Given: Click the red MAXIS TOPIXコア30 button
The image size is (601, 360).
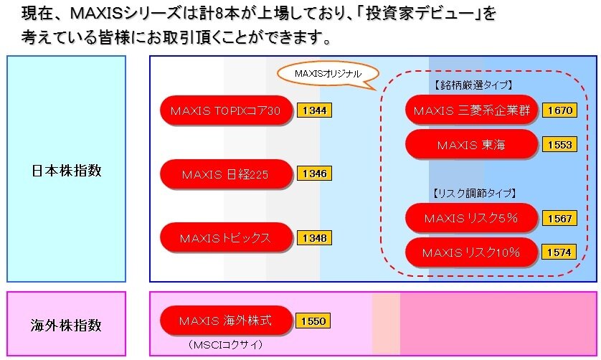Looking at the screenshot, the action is pos(226,110).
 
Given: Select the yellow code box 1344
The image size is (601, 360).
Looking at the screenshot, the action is pos(314,110).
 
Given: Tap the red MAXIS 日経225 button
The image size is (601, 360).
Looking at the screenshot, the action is pos(226,174).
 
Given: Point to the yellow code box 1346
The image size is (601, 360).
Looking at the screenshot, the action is pos(314,174).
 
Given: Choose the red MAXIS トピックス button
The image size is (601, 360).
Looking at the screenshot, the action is pos(226,237).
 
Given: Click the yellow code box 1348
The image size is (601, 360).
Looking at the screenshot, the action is pos(314,237).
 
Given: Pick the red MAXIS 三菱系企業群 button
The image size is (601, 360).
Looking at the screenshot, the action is pos(471,110).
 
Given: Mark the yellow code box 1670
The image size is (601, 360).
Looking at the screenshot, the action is pos(559,110).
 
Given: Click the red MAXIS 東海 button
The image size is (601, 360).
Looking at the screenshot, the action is pos(471,145).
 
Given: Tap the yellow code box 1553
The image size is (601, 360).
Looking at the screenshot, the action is pos(559,145).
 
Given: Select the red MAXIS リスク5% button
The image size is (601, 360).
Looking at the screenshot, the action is pos(471,218).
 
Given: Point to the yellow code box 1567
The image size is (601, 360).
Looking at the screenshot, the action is pos(559,219).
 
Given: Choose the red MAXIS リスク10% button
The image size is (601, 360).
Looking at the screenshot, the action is pos(471,252).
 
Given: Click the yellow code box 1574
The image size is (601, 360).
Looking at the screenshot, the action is pos(559,252).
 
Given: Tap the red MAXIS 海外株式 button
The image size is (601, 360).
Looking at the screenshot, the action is pos(226,321).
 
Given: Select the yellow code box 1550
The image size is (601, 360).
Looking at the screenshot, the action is pos(313,321).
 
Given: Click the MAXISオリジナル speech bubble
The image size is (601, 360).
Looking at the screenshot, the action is pos(328,74).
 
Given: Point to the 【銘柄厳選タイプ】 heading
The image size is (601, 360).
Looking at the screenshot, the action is pos(473,85).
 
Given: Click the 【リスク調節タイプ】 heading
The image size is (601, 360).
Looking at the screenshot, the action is pos(474,193).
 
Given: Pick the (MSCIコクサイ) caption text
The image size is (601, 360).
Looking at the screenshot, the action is pos(226,345).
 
